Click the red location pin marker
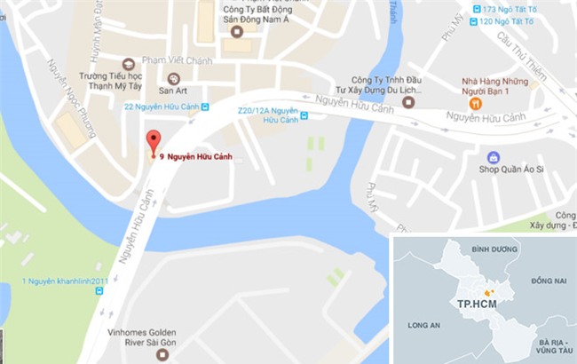click(x=154, y=142)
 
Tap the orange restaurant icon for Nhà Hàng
click(x=476, y=104)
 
